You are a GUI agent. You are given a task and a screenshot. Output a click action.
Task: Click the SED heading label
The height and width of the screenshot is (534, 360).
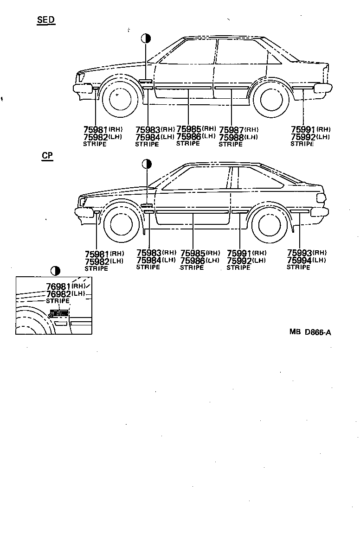(45, 19)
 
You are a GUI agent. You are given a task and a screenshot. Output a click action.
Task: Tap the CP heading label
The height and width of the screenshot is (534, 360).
(47, 155)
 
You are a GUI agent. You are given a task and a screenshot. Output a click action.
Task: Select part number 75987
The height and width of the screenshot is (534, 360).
(231, 130)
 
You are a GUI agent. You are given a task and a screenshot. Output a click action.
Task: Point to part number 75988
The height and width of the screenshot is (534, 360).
(231, 137)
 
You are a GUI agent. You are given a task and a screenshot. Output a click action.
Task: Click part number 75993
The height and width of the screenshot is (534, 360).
(299, 253)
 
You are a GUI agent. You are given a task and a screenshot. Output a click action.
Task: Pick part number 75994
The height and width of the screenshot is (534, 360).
(299, 260)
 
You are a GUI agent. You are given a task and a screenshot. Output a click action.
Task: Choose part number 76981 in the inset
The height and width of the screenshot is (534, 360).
(58, 286)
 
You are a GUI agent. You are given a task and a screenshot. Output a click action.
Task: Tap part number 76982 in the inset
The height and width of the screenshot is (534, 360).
(58, 294)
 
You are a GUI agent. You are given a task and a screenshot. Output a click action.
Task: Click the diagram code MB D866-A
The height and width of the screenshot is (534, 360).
(310, 332)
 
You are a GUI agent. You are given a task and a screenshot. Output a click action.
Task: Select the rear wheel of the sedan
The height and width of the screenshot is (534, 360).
(270, 98)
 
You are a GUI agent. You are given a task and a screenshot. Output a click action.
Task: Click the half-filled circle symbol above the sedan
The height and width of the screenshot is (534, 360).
(146, 38)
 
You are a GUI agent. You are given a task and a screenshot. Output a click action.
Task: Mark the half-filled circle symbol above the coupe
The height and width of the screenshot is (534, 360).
(147, 164)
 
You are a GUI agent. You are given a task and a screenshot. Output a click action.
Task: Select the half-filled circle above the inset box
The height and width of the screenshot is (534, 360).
(55, 270)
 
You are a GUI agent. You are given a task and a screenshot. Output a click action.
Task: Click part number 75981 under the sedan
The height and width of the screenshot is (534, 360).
(96, 130)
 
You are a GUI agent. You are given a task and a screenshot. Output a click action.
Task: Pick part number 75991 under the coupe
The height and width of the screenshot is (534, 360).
(239, 253)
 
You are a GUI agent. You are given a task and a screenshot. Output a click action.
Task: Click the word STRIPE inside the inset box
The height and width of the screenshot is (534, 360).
(58, 301)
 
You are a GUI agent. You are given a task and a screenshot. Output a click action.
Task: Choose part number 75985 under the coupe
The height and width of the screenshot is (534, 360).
(193, 253)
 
